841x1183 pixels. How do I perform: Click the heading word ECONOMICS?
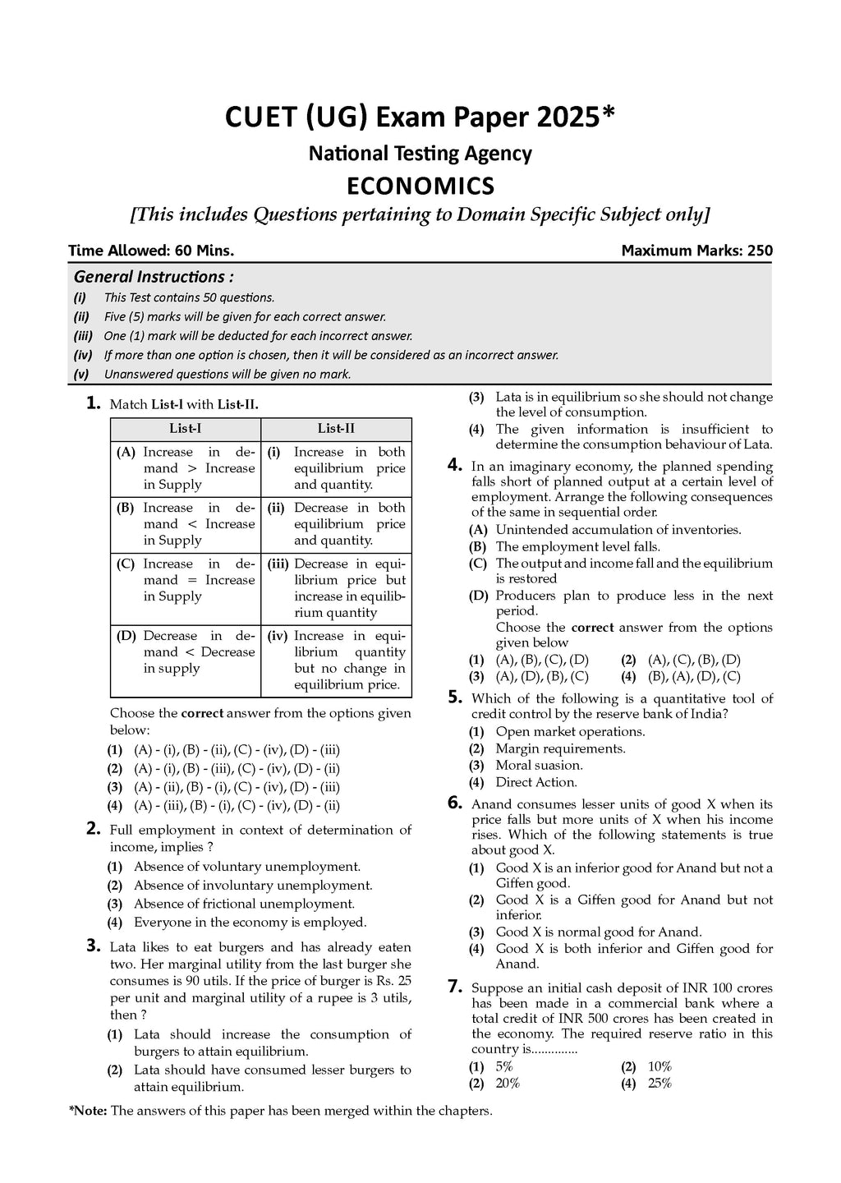click(420, 186)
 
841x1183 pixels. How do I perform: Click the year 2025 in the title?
click(569, 117)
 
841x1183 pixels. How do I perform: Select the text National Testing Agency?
click(420, 154)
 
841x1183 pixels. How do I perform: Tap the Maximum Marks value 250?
click(760, 251)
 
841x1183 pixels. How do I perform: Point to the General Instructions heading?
click(154, 277)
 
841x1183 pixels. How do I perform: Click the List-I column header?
click(186, 429)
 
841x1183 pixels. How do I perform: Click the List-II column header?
click(336, 429)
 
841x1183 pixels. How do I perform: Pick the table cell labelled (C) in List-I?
click(186, 580)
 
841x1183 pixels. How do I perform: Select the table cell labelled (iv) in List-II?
click(336, 660)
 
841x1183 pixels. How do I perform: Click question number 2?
click(94, 829)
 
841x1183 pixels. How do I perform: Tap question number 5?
click(455, 697)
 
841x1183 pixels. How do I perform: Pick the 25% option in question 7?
click(659, 1084)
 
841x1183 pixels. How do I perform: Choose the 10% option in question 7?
click(659, 1067)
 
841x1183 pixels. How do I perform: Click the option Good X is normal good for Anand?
click(598, 932)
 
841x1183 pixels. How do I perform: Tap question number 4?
click(455, 465)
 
